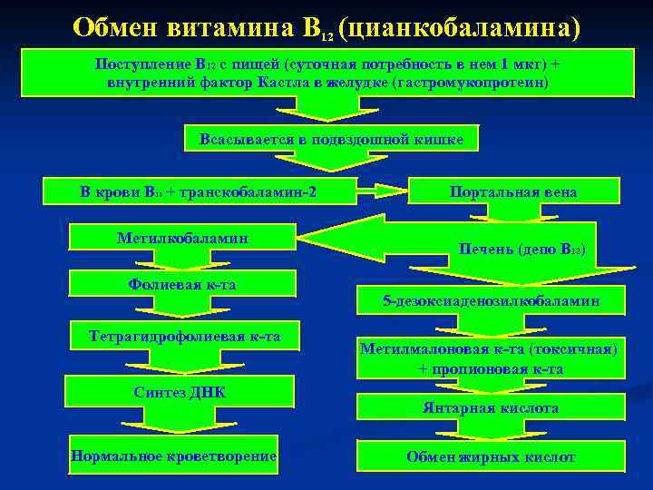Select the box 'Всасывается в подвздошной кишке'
[x=331, y=139]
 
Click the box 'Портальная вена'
[x=513, y=191]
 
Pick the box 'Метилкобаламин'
[x=183, y=238]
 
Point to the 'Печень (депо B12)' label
[x=522, y=249]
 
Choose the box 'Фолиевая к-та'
[x=182, y=285]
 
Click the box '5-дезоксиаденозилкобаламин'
[x=491, y=300]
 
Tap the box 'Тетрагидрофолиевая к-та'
[x=184, y=338]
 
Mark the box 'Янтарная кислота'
[x=491, y=408]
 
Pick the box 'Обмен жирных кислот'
[x=491, y=457]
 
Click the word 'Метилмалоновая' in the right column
[x=418, y=348]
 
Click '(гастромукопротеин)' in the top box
[x=477, y=82]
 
